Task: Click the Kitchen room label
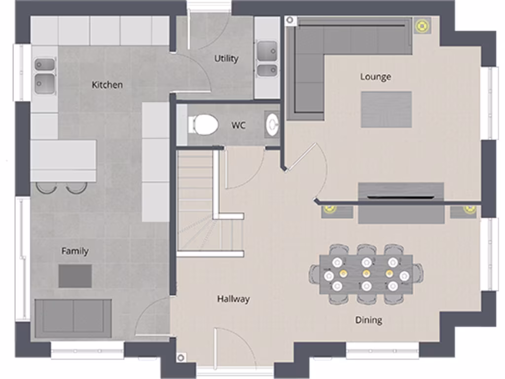pyautogui.click(x=107, y=85)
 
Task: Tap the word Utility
pyautogui.click(x=226, y=59)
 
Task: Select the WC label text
pyautogui.click(x=238, y=125)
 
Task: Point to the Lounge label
pyautogui.click(x=376, y=77)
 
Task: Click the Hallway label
pyautogui.click(x=233, y=299)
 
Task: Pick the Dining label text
pyautogui.click(x=368, y=320)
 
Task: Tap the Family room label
pyautogui.click(x=75, y=251)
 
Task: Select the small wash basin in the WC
pyautogui.click(x=272, y=124)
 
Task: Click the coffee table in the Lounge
pyautogui.click(x=386, y=109)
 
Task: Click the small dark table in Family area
pyautogui.click(x=75, y=276)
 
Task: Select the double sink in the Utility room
pyautogui.click(x=267, y=59)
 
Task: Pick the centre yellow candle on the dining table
pyautogui.click(x=366, y=273)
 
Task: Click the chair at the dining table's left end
pyautogui.click(x=315, y=274)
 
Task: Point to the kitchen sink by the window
pyautogui.click(x=44, y=76)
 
